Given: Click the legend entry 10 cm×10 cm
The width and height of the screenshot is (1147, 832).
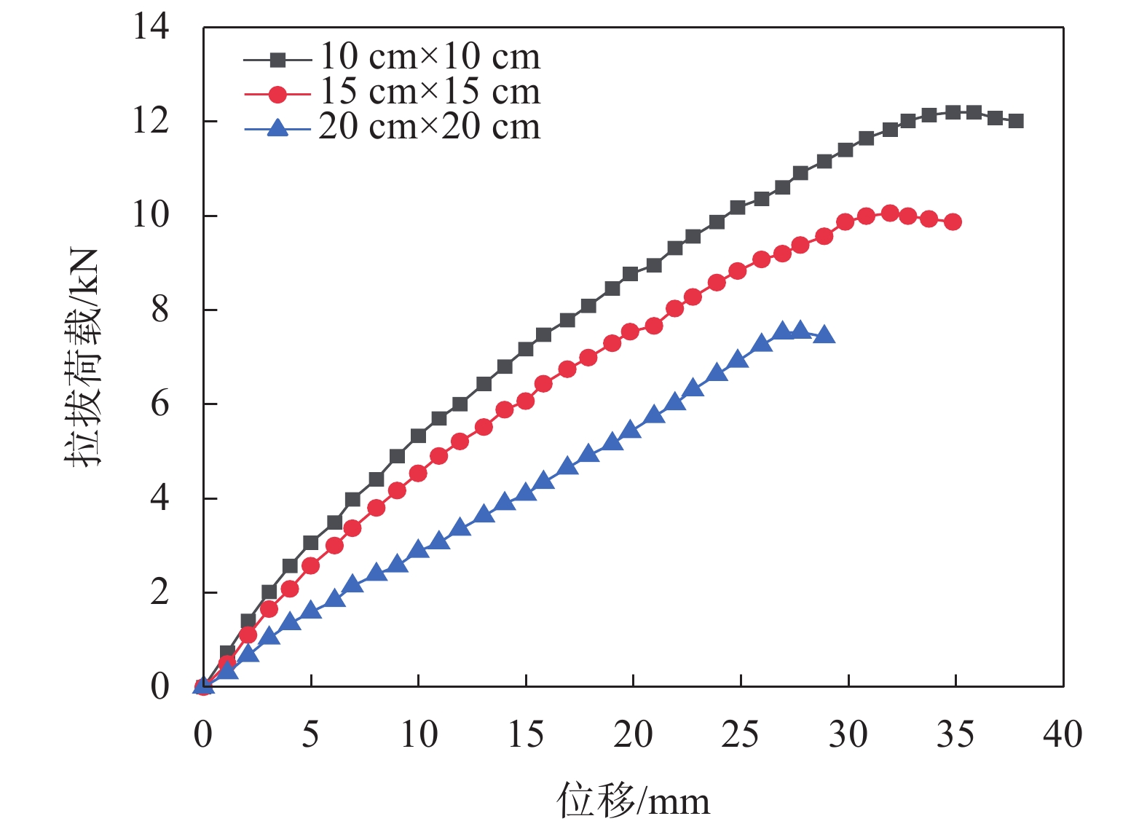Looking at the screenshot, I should (430, 57).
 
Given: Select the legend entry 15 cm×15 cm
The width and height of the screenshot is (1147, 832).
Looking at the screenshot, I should (430, 92).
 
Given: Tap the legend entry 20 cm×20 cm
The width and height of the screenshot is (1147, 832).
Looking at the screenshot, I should (430, 127).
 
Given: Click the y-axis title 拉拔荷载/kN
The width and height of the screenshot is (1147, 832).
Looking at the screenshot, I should (82, 357).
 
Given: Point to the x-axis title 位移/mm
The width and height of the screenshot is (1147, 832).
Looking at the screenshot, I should (633, 800).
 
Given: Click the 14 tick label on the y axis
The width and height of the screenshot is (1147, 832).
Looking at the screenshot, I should (151, 27).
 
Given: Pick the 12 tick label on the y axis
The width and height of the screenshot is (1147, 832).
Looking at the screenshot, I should (151, 121).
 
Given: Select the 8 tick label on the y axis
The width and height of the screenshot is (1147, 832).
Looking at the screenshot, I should (159, 310).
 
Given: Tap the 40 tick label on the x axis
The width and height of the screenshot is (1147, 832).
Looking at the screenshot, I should (1063, 734).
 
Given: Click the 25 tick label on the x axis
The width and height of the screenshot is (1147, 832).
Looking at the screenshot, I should (740, 734).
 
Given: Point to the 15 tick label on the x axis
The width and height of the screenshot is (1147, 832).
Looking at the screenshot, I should (525, 734).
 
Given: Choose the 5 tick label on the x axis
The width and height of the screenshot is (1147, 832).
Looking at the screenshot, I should (310, 734).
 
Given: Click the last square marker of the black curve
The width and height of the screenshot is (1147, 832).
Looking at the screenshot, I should (1017, 121).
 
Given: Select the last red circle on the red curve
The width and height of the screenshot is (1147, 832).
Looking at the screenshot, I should (953, 221).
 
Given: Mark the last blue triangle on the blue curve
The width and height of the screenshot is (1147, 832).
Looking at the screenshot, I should (824, 335).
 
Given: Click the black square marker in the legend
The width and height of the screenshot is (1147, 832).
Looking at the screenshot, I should (277, 59).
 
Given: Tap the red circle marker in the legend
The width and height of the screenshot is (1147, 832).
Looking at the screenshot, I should (277, 94).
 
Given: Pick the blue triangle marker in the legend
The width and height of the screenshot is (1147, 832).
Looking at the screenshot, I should (277, 129).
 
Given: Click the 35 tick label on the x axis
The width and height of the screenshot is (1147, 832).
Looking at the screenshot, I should (955, 734).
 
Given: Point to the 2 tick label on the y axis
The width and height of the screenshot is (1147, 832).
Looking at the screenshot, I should (159, 592).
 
